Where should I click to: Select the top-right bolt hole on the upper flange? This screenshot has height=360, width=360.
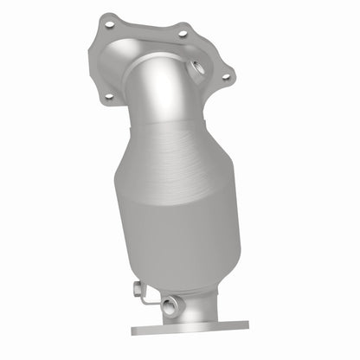click(182, 34)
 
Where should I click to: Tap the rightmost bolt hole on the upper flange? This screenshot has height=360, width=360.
click(226, 77)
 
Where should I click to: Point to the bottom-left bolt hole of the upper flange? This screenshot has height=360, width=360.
click(108, 97)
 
